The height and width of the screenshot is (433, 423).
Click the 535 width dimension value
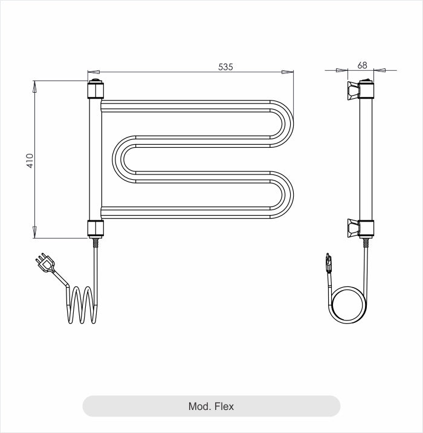pyautogui.click(x=225, y=67)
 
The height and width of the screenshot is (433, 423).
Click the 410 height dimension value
pyautogui.click(x=30, y=160)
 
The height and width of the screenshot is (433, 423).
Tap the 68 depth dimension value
pyautogui.click(x=363, y=65)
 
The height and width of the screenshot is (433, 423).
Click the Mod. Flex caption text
pyautogui.click(x=211, y=406)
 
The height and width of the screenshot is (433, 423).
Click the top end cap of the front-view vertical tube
pyautogui.click(x=95, y=88)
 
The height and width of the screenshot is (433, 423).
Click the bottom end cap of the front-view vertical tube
pyautogui.click(x=95, y=229)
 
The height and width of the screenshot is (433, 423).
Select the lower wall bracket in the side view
pyautogui.click(x=353, y=228)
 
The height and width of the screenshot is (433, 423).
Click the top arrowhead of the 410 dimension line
pyautogui.click(x=34, y=86)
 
